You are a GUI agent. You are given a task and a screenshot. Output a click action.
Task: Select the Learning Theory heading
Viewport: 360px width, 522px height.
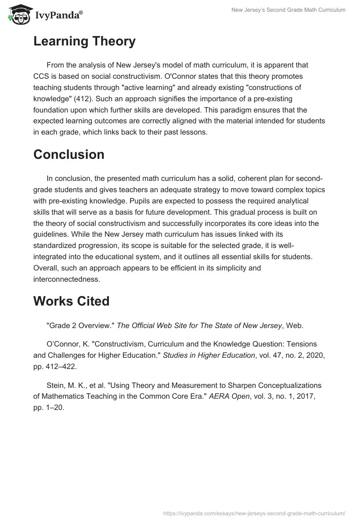pos(84,41)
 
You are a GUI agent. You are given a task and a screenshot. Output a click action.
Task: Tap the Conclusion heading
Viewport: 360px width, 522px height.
pos(69,154)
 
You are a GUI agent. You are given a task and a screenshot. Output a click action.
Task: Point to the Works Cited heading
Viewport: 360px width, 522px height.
pos(71,301)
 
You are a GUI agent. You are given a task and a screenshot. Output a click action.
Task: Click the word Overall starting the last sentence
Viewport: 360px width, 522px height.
pos(47,268)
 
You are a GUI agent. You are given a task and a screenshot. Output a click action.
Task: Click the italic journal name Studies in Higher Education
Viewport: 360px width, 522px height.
pos(209,355)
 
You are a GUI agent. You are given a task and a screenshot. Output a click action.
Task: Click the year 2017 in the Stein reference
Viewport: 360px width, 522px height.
pos(309,396)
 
